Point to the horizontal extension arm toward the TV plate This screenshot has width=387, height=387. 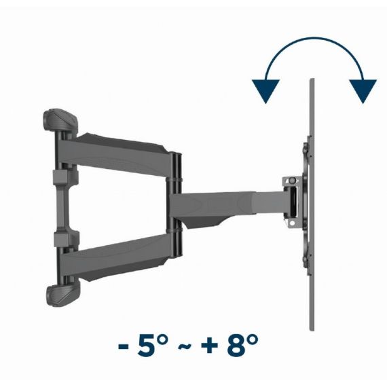click(x=231, y=201)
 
